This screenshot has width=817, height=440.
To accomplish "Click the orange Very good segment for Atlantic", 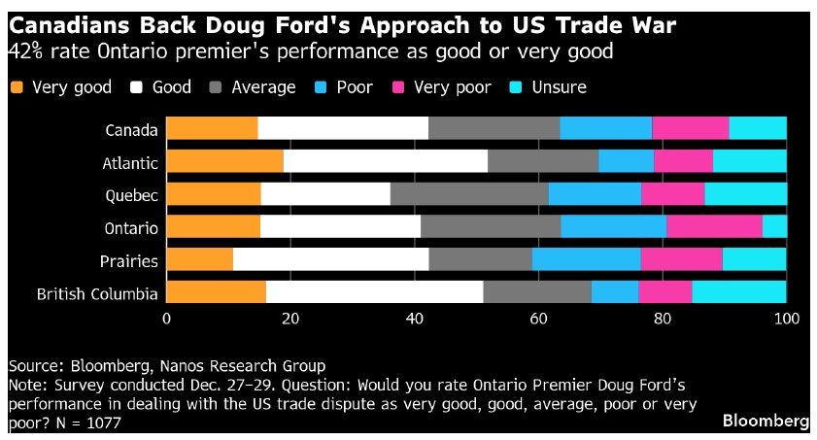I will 224,161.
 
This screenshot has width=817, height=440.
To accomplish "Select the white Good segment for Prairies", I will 330,259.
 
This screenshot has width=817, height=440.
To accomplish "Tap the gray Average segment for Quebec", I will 469,194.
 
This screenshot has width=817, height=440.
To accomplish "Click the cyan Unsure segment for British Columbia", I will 738,292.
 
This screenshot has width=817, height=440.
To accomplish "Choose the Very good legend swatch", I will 17,87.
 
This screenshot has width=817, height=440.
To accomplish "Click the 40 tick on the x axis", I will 415,319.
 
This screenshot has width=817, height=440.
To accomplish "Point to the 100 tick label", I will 785,319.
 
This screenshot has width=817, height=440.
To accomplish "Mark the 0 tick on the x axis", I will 167,319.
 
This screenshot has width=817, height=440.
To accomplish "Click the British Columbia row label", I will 96,293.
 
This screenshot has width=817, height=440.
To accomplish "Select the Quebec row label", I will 132,194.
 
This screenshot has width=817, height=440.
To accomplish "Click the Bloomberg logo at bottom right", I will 766,421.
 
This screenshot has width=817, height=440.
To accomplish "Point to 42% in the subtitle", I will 25,50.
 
